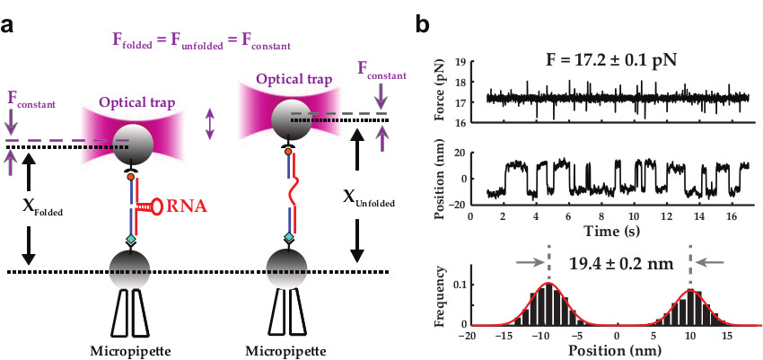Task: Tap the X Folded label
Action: click(35, 206)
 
